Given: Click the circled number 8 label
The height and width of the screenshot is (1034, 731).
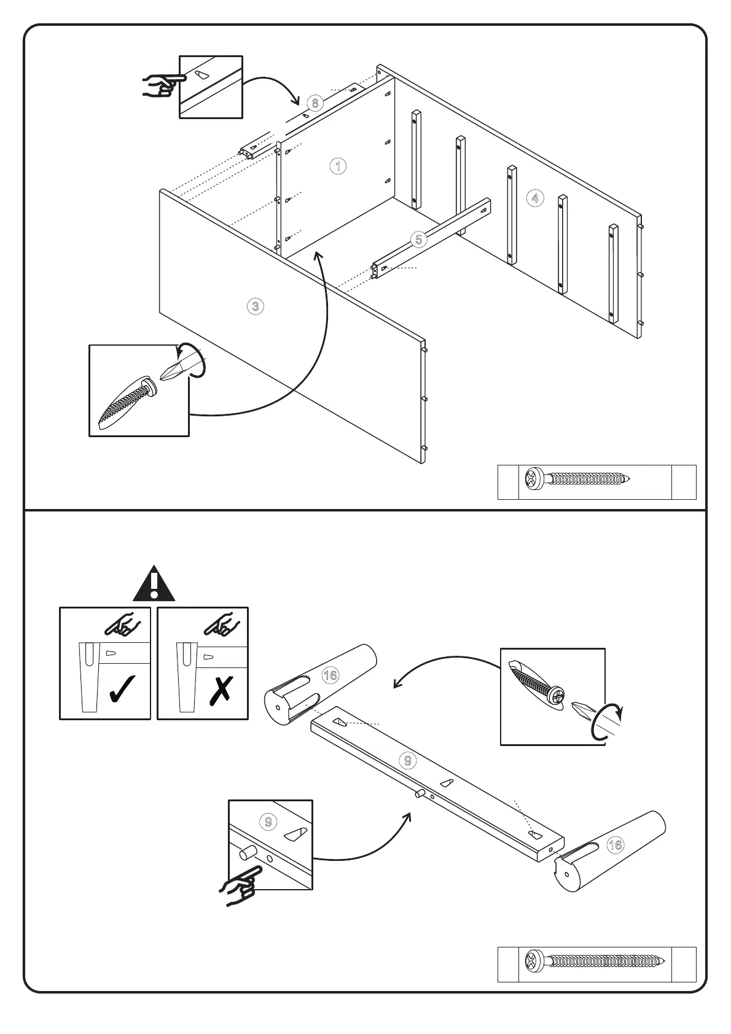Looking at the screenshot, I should (x=315, y=103).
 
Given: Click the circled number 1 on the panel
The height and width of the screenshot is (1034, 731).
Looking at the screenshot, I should (x=338, y=166).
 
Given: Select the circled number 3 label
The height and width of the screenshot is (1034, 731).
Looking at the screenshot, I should (x=256, y=306).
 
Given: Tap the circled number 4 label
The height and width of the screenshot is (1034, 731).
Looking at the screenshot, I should (x=535, y=198).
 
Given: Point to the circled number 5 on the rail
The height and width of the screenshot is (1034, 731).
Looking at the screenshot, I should (x=419, y=239).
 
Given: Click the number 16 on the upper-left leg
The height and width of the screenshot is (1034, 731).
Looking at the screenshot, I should (x=330, y=675).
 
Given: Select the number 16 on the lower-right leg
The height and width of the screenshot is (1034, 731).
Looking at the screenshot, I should (x=615, y=845).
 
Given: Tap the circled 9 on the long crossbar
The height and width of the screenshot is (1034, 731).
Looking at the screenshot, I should (x=408, y=761).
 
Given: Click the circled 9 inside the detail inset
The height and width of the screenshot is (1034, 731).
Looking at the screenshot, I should (x=268, y=822).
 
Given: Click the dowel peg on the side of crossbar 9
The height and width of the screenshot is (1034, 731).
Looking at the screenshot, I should (x=421, y=793).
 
